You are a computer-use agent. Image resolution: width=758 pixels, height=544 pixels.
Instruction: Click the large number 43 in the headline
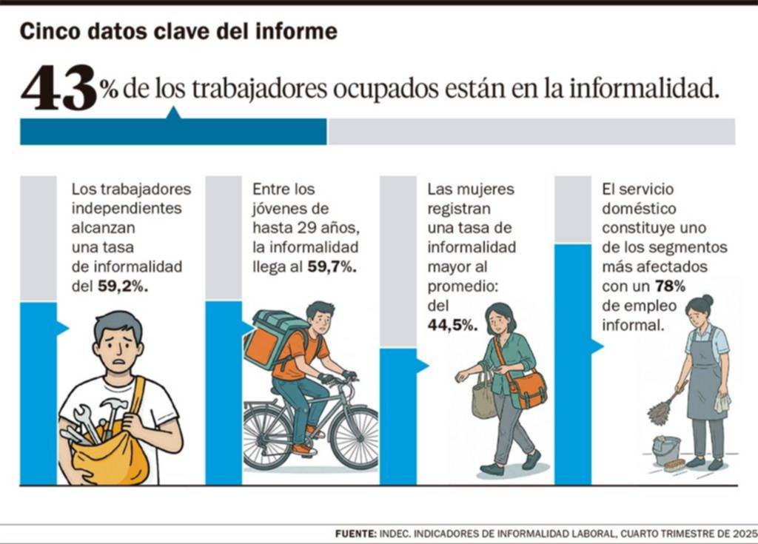click(59, 88)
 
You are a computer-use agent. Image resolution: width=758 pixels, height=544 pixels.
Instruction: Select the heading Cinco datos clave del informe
click(178, 32)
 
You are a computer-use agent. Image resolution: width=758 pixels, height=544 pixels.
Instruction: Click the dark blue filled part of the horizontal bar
click(173, 132)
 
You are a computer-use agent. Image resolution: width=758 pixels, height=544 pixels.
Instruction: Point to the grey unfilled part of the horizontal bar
click(531, 132)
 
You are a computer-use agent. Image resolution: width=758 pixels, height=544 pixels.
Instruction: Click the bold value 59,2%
click(122, 286)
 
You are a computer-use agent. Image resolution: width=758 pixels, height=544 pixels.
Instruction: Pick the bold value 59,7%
click(332, 267)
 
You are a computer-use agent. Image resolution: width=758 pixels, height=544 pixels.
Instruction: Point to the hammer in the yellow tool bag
click(113, 411)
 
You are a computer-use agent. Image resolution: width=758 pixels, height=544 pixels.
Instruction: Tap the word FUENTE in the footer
click(355, 533)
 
